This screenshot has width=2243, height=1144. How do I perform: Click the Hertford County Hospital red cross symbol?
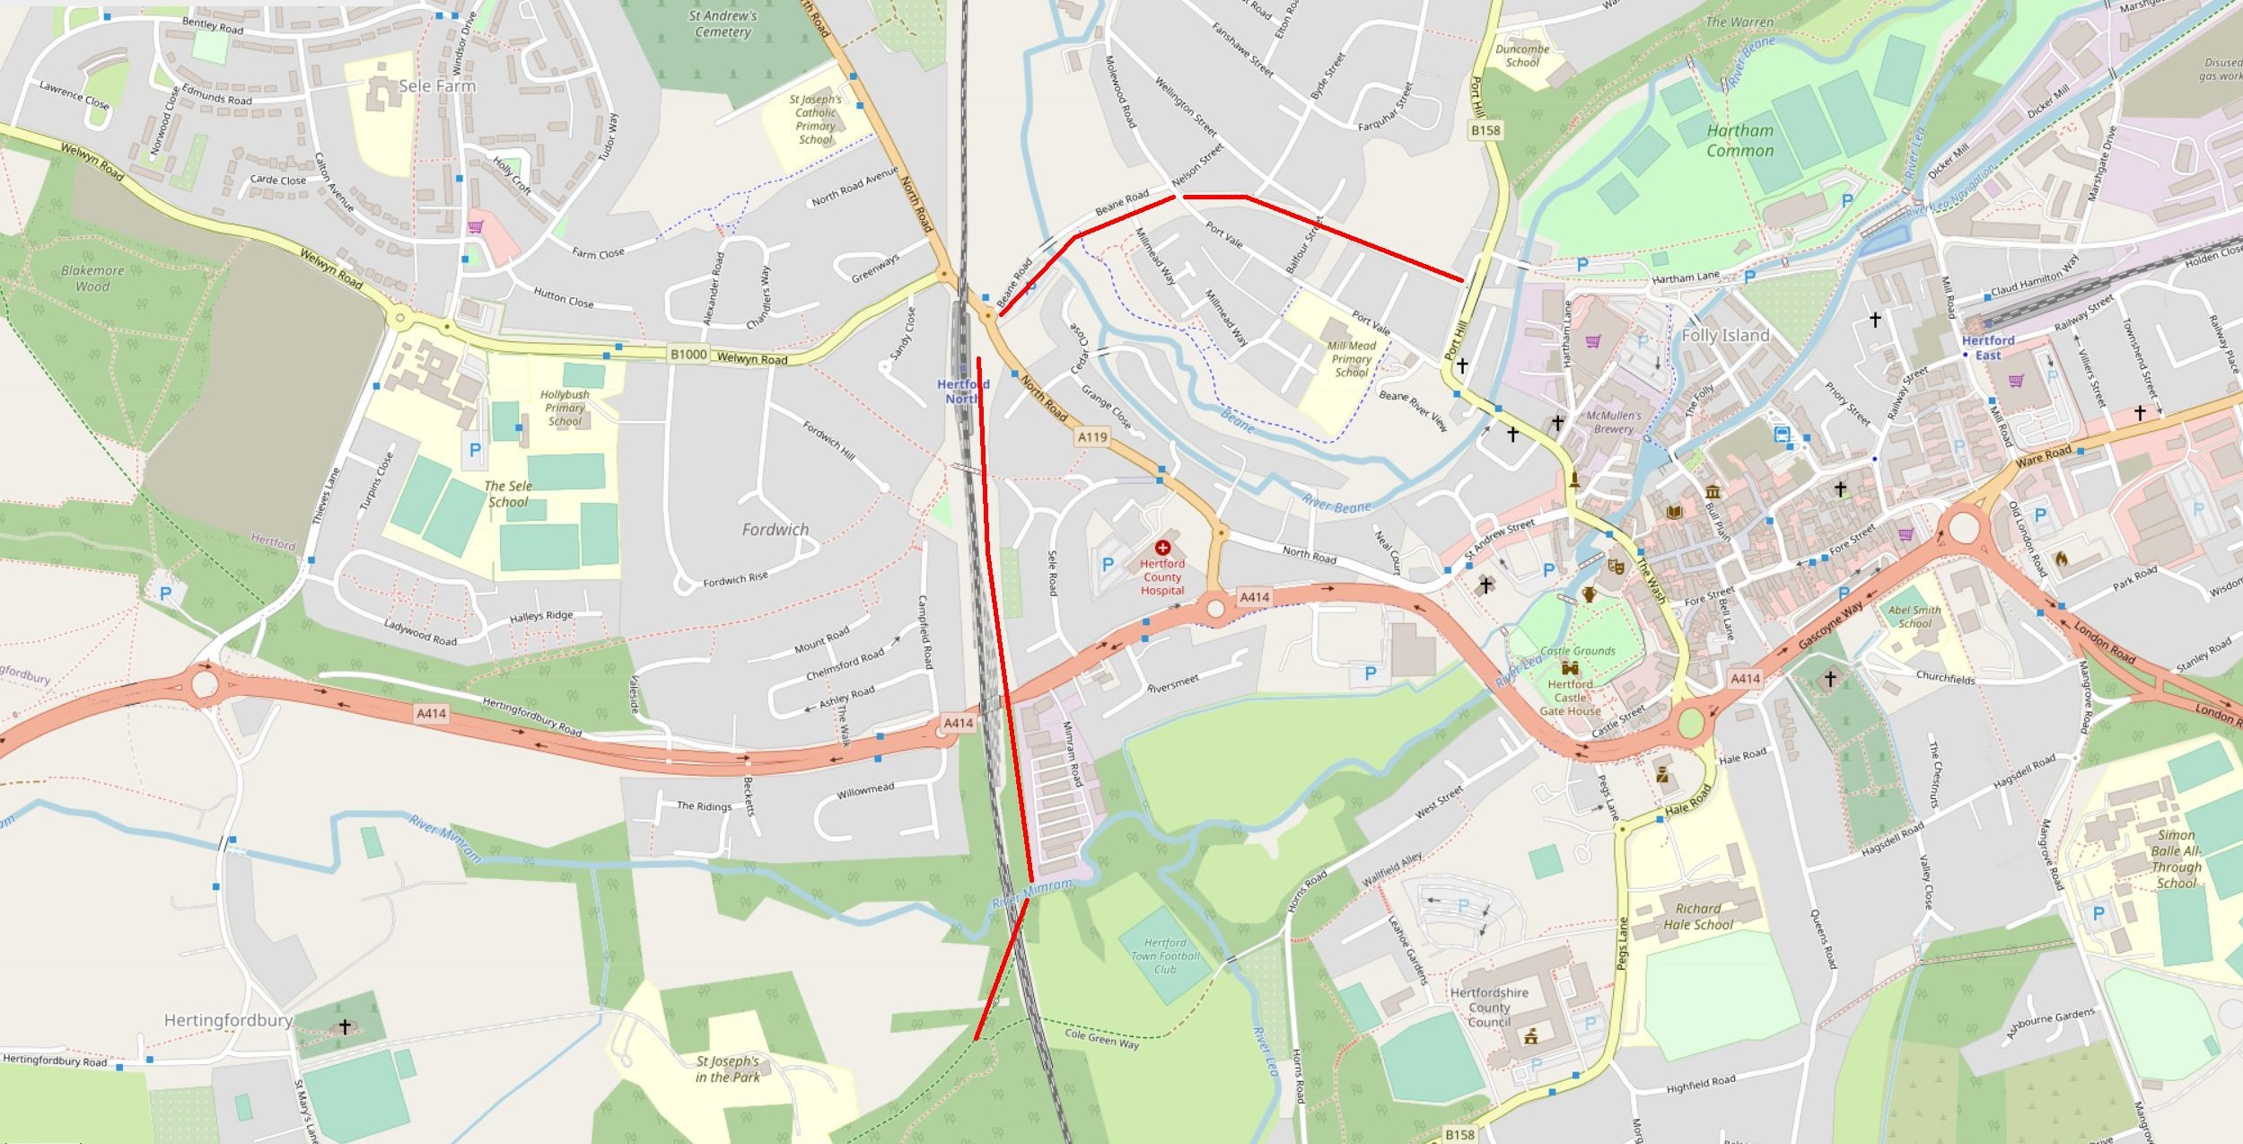(1162, 547)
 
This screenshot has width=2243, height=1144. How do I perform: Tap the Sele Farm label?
(437, 86)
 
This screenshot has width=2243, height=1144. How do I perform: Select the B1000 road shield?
(688, 355)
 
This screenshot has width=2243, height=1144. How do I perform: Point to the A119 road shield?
(1092, 437)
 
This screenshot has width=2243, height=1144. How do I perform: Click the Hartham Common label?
(1739, 141)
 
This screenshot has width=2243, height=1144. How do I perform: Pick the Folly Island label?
(1724, 336)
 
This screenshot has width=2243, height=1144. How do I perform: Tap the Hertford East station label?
(1987, 348)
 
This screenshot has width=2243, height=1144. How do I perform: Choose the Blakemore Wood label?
(92, 278)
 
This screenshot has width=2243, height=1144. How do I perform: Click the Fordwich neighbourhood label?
(775, 530)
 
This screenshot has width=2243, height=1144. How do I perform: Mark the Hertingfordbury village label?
(228, 1020)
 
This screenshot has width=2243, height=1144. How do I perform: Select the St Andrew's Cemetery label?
(723, 23)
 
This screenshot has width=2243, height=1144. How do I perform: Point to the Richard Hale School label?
(1698, 916)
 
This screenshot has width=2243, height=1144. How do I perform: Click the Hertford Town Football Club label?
(1165, 956)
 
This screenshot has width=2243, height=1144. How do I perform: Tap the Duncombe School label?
(1522, 56)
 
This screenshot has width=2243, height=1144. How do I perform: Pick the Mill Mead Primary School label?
(1351, 358)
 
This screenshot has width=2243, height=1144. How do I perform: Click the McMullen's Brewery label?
(1613, 422)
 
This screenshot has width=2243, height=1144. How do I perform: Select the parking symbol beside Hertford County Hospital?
(1108, 565)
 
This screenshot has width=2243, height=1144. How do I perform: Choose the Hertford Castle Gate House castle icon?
(1570, 668)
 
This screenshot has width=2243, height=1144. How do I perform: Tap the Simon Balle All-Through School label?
(2176, 858)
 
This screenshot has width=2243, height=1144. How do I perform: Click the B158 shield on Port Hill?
(1485, 130)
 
